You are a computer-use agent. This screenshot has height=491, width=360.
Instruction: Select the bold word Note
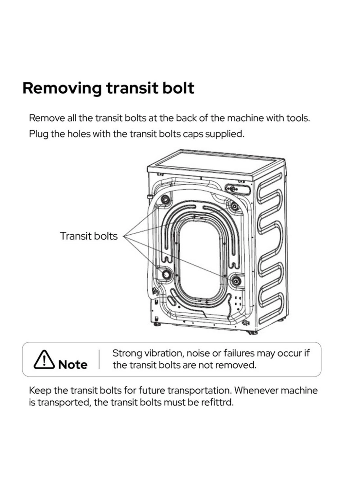pos(73,364)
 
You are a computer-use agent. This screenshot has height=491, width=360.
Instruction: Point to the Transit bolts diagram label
pos(89,236)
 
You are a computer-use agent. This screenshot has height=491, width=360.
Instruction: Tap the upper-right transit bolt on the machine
pos(235,206)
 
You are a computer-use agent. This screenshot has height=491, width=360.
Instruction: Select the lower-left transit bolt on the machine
pos(166,274)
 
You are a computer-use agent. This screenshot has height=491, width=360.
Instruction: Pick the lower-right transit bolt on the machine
pos(236,281)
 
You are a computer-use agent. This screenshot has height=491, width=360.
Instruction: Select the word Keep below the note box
pos(40,391)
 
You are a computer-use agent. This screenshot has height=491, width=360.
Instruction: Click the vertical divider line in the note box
pos(99,359)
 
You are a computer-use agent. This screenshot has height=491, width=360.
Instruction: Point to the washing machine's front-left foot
pos(158,325)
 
